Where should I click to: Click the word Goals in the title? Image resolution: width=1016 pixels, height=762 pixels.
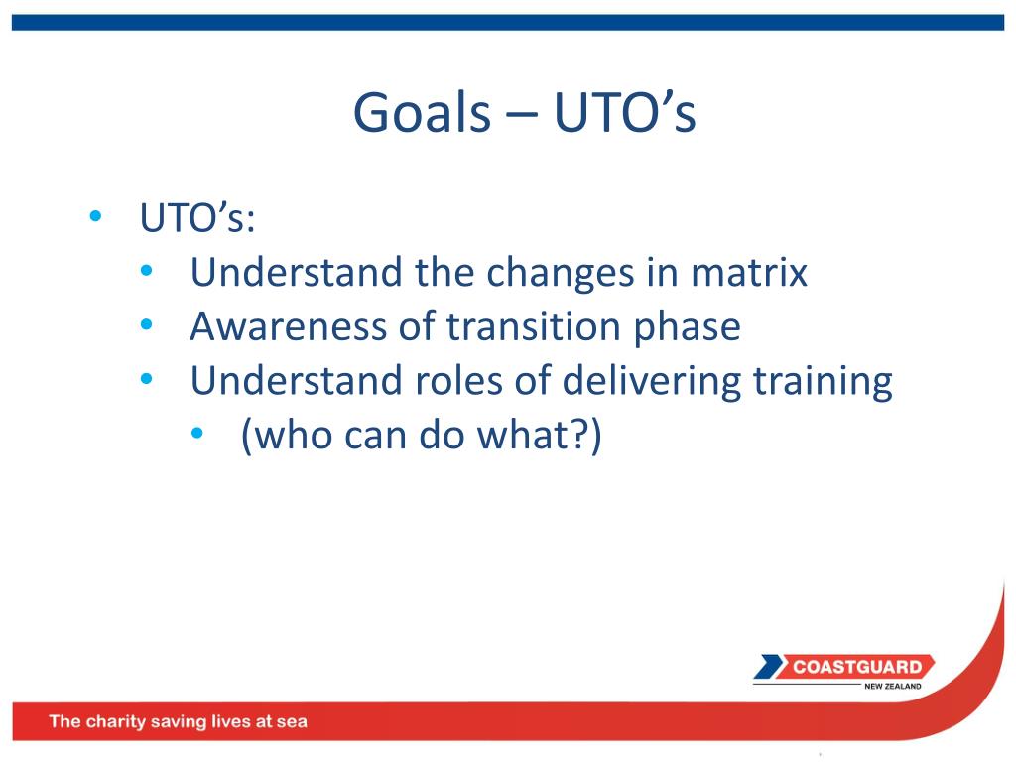click(422, 112)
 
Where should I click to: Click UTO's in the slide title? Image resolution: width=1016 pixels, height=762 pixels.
click(625, 112)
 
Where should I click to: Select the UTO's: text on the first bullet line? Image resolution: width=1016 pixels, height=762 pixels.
click(197, 217)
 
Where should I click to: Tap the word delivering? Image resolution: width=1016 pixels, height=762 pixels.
click(652, 382)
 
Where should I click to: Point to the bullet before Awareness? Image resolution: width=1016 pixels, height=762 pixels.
click(147, 324)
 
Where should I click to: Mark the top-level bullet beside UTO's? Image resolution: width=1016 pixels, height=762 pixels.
click(96, 215)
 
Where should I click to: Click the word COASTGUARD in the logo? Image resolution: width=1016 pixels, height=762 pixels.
click(857, 667)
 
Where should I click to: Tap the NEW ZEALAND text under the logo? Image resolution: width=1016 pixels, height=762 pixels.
click(892, 687)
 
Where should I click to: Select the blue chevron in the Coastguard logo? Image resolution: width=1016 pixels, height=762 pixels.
click(769, 667)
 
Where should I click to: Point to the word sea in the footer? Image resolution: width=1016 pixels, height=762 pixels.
click(292, 722)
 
